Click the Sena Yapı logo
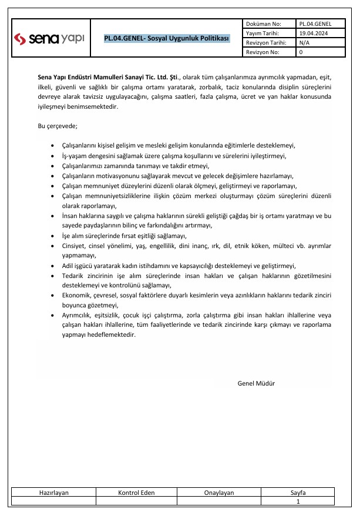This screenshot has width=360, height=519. click(x=50, y=39)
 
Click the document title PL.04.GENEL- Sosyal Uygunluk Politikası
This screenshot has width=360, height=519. click(x=167, y=39)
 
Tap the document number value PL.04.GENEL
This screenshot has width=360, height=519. click(x=315, y=24)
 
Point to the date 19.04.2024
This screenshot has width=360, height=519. click(x=313, y=34)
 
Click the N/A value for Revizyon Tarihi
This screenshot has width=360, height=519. click(x=305, y=43)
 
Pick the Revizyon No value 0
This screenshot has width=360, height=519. click(x=301, y=52)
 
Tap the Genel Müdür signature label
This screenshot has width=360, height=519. click(x=256, y=383)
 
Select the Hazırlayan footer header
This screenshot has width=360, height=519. click(x=54, y=493)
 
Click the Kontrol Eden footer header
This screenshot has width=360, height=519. click(x=136, y=493)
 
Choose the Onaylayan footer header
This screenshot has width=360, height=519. click(x=219, y=493)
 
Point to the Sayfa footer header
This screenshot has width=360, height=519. click(x=298, y=493)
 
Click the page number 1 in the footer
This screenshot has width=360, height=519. click(x=298, y=501)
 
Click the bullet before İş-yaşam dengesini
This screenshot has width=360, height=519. click(x=54, y=156)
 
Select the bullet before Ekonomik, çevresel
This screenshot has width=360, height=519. click(x=54, y=296)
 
